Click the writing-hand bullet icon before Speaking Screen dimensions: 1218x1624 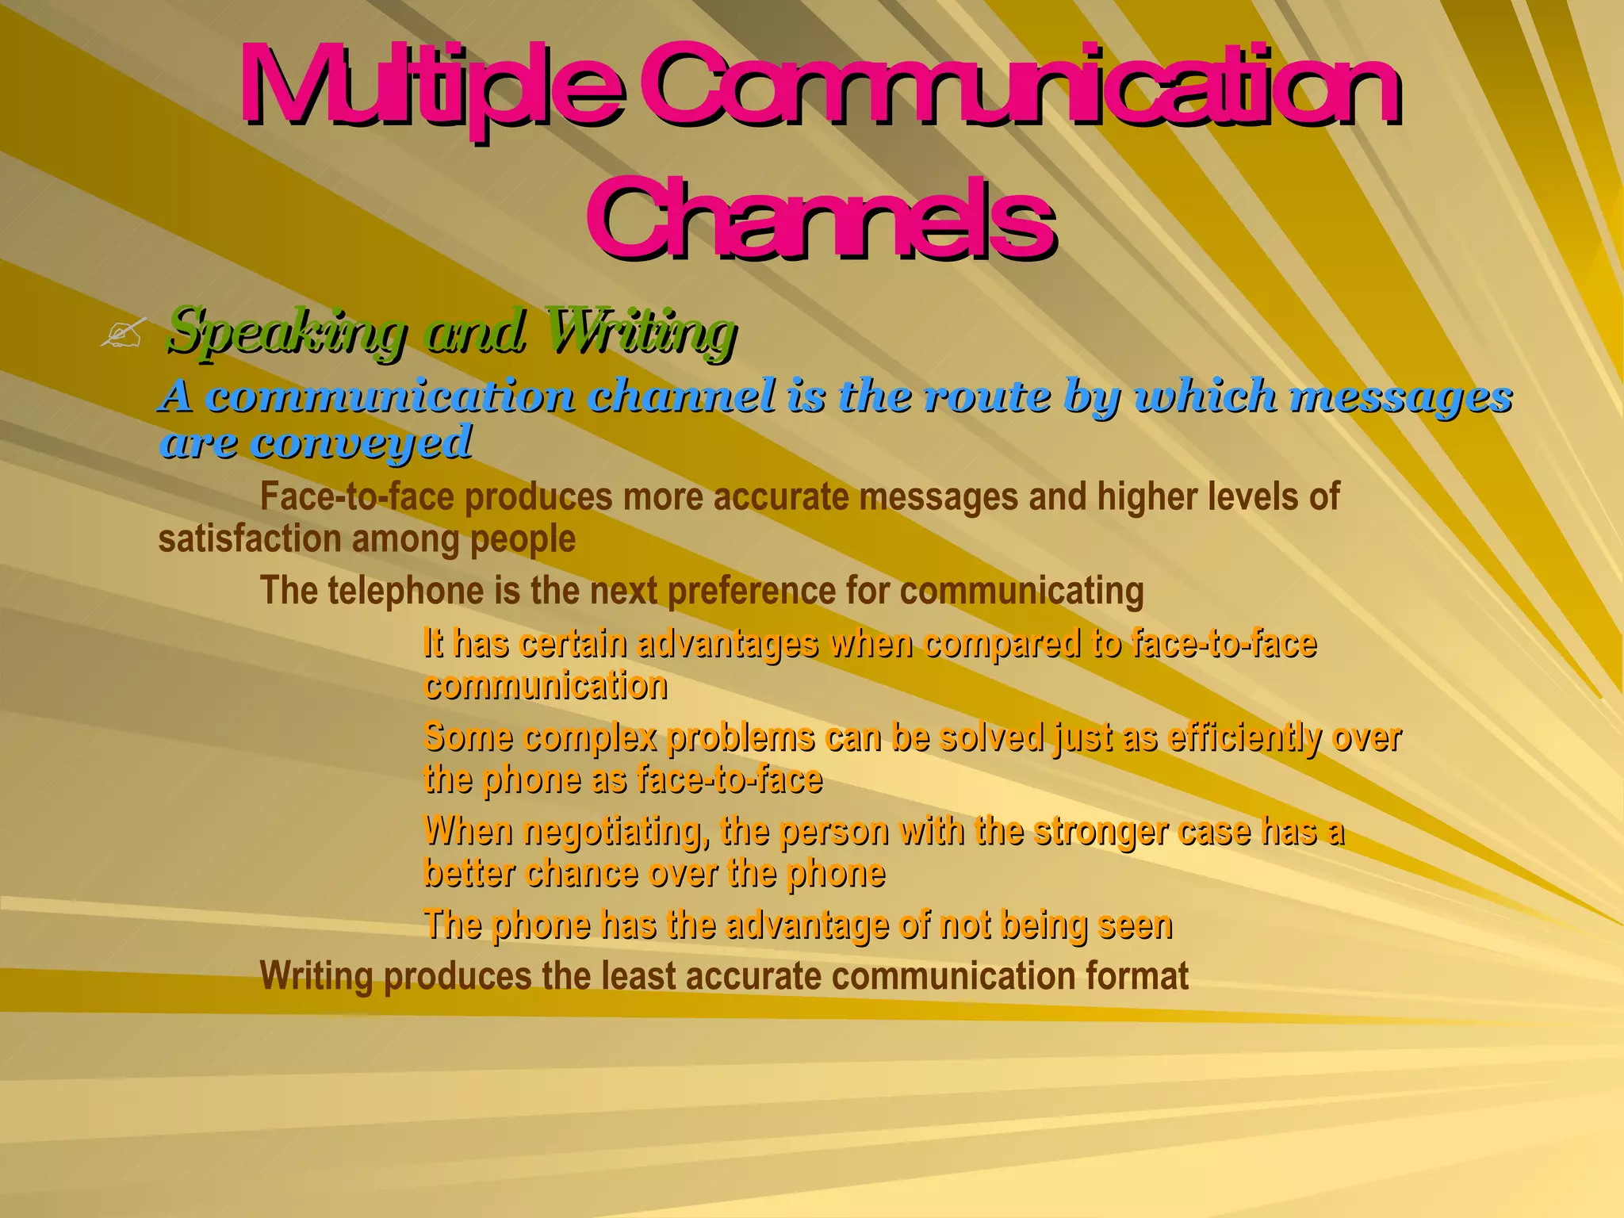pyautogui.click(x=123, y=333)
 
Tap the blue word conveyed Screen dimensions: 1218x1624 pyautogui.click(x=361, y=442)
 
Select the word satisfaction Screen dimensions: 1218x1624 pyautogui.click(x=249, y=539)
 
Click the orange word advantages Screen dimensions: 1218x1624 pyautogui.click(x=727, y=643)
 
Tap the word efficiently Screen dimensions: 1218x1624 pyautogui.click(x=1244, y=737)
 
